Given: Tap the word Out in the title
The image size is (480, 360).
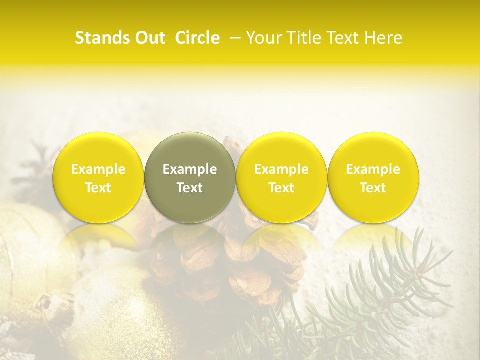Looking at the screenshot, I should point(150,38).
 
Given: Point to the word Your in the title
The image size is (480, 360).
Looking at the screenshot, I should point(261,38).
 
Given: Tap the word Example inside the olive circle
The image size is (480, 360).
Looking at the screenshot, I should point(190,169).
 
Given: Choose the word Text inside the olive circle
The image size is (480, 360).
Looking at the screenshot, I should point(190,188).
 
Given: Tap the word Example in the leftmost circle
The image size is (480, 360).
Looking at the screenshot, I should point(98,169).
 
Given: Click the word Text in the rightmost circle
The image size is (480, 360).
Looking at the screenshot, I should point(373,188).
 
